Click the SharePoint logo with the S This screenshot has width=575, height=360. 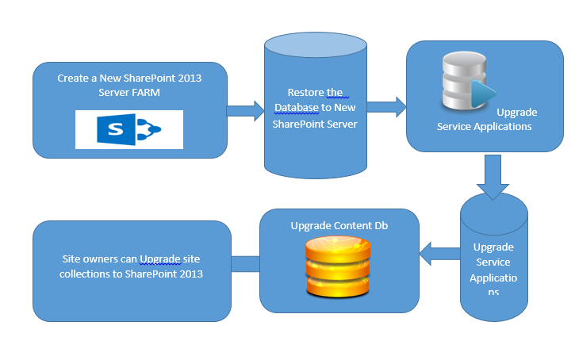click(128, 129)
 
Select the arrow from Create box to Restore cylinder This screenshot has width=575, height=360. click(246, 109)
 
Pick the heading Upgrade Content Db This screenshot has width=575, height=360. click(339, 224)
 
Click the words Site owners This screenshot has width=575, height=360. click(98, 259)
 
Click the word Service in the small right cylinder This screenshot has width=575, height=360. click(493, 262)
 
